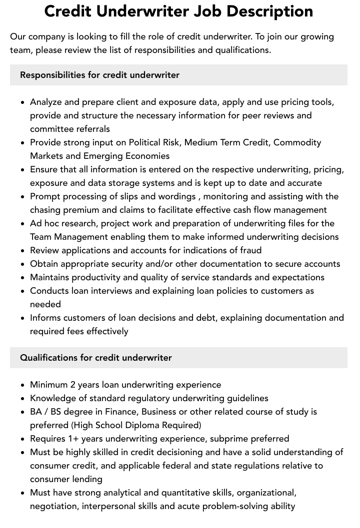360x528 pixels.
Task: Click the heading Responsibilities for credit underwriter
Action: (99, 75)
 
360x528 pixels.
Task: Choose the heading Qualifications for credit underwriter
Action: (95, 358)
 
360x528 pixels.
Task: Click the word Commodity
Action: (296, 142)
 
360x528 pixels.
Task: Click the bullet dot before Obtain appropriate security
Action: (22, 264)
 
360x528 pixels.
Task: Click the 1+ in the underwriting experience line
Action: (73, 439)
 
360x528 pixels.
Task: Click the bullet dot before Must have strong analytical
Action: (22, 493)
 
